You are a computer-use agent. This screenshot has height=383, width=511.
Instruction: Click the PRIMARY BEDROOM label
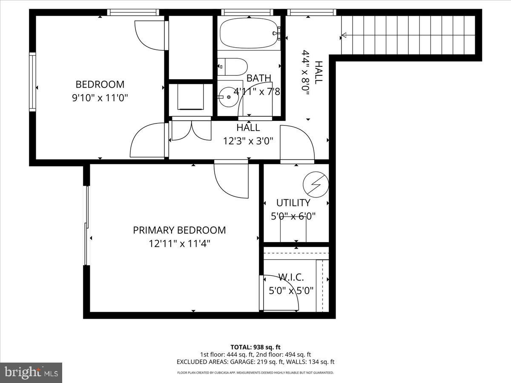click(179, 230)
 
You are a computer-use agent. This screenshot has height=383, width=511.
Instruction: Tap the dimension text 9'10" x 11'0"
click(100, 98)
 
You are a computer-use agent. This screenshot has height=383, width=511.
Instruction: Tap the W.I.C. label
click(291, 277)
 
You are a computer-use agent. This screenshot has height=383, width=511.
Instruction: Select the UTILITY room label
click(293, 203)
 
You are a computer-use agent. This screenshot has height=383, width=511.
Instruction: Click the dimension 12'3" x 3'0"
click(248, 140)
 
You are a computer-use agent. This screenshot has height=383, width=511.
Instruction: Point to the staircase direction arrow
click(344, 35)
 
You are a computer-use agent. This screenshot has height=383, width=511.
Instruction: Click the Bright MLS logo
click(31, 372)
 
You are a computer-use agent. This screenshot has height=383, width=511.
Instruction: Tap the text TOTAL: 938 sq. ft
click(255, 347)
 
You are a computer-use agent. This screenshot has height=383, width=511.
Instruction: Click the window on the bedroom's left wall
click(32, 82)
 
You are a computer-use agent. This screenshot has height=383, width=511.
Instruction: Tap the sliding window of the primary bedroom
click(87, 225)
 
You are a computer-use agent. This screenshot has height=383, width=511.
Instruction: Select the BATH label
click(259, 78)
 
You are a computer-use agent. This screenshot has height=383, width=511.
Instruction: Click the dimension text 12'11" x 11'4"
click(179, 244)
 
